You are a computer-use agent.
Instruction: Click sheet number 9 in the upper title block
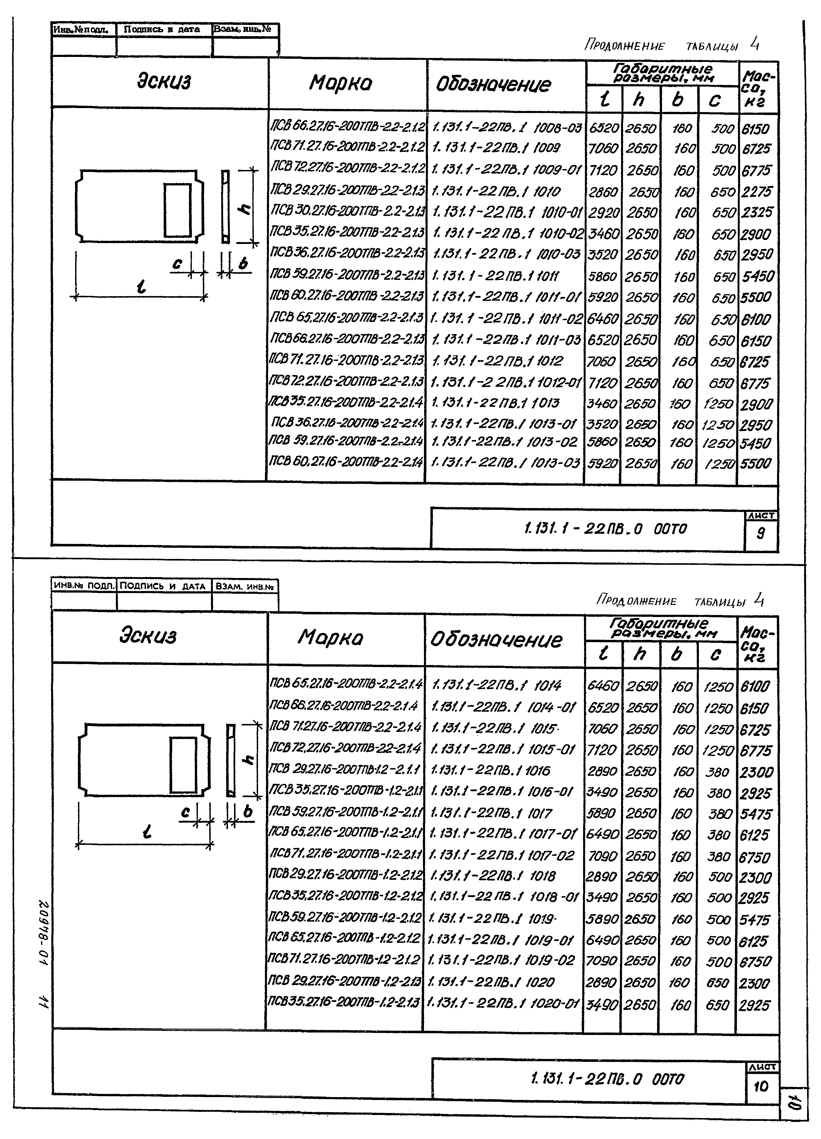tap(760, 533)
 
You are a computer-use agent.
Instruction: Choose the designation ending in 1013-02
tap(504, 442)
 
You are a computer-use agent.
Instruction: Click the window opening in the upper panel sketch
tap(177, 210)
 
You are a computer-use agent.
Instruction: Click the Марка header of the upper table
tap(341, 83)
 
